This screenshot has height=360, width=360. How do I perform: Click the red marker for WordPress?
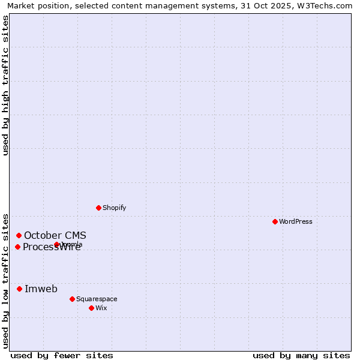pyautogui.click(x=275, y=221)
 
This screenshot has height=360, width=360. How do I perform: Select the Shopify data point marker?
pyautogui.click(x=98, y=208)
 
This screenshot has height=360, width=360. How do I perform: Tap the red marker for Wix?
pyautogui.click(x=91, y=308)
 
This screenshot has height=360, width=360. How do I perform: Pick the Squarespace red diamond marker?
pyautogui.click(x=72, y=299)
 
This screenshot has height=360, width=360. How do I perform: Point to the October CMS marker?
pyautogui.click(x=19, y=235)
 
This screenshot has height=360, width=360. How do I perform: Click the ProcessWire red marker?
pyautogui.click(x=17, y=247)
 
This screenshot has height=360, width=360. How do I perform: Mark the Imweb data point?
pyautogui.click(x=19, y=289)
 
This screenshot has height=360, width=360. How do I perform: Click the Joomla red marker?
pyautogui.click(x=56, y=244)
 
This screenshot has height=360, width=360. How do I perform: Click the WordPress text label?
pyautogui.click(x=295, y=221)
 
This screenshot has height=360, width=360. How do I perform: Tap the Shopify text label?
pyautogui.click(x=114, y=208)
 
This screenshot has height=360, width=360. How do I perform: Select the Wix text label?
pyautogui.click(x=101, y=308)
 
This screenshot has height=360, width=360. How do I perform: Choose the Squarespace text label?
pyautogui.click(x=97, y=299)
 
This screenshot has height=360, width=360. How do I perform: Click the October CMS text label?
pyautogui.click(x=55, y=235)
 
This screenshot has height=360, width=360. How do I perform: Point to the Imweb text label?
pyautogui.click(x=41, y=289)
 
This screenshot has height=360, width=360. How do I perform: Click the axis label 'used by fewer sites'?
pyautogui.click(x=62, y=355)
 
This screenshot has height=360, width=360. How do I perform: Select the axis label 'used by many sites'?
pyautogui.click(x=301, y=355)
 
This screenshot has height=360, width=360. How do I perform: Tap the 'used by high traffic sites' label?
pyautogui.click(x=6, y=85)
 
